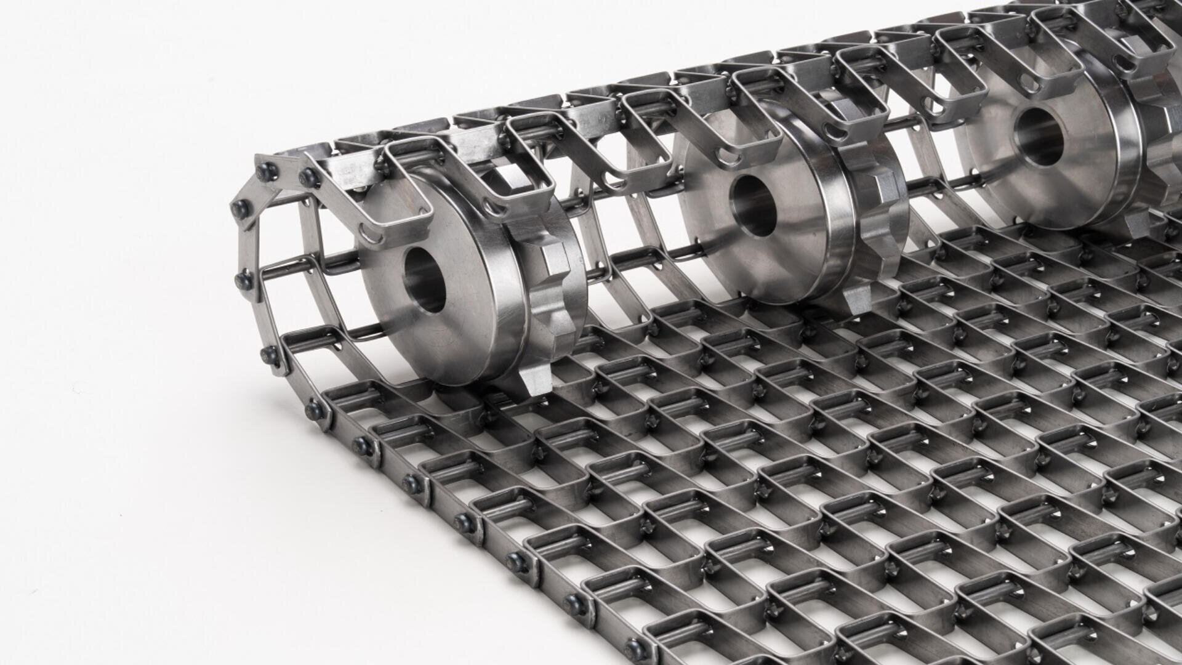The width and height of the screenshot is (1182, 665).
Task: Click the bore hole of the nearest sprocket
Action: [x=425, y=280]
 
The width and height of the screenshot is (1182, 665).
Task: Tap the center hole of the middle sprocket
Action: [x=752, y=205]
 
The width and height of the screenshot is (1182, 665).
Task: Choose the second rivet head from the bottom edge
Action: [x=576, y=605]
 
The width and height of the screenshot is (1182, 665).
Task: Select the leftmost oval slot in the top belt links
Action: [x=368, y=235]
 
